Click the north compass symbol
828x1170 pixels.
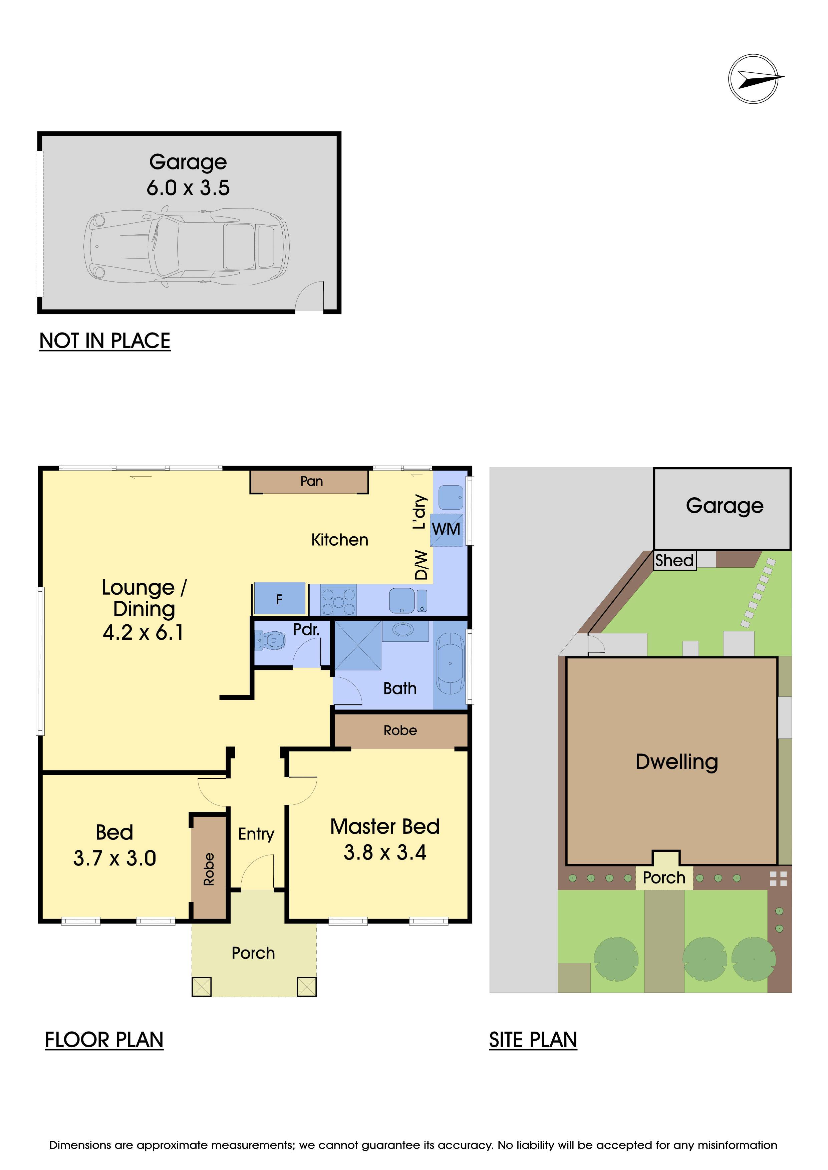click(754, 79)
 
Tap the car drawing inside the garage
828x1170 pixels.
click(187, 246)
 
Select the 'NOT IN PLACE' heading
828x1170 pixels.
click(105, 341)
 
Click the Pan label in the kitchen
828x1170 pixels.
click(311, 481)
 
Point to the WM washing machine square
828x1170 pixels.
click(447, 530)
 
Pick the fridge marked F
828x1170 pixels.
click(279, 599)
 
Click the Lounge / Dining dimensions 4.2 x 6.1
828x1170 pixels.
click(143, 632)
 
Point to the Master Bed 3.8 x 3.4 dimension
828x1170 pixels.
click(385, 852)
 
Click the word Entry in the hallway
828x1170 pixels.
click(256, 834)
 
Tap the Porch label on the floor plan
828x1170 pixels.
click(253, 953)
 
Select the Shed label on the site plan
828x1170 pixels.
click(674, 561)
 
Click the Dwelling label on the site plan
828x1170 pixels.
click(677, 762)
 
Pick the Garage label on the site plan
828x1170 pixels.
click(725, 506)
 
